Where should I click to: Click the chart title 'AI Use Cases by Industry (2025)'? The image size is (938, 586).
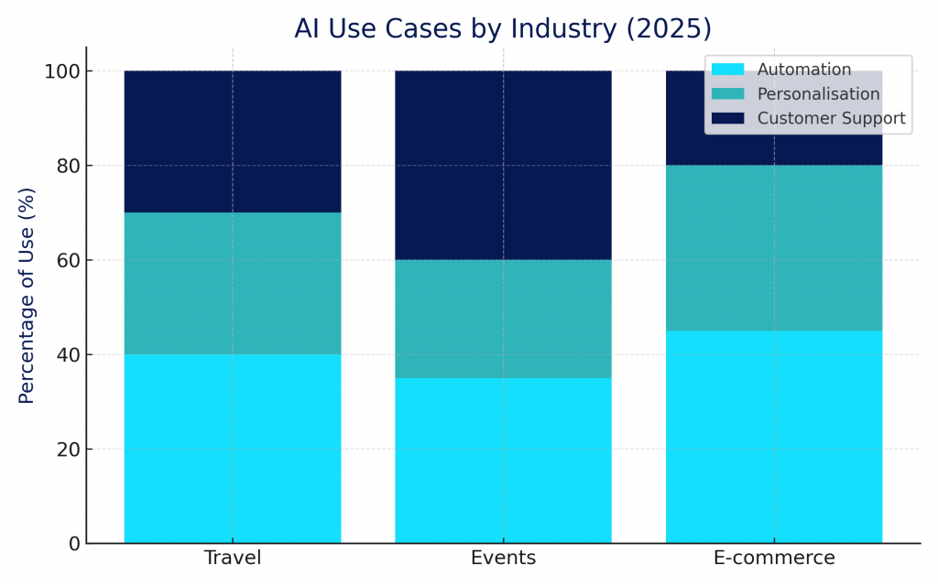[x=503, y=28]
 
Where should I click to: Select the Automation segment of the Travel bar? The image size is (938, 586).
[x=233, y=449]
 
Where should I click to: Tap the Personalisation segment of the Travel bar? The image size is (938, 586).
[x=233, y=283]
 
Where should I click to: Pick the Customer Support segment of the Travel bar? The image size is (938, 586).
[x=233, y=141]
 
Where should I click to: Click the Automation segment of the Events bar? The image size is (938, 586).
[x=503, y=461]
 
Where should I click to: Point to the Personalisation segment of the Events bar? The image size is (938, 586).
[x=503, y=319]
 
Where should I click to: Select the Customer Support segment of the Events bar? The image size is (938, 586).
[x=503, y=165]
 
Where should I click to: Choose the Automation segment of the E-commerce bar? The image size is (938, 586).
[x=774, y=437]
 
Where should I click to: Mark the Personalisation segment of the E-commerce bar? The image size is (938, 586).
[x=774, y=247]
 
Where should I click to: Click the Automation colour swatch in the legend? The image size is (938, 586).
[x=727, y=70]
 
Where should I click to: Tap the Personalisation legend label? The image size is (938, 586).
[x=818, y=94]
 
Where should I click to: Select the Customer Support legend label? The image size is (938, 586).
[x=831, y=118]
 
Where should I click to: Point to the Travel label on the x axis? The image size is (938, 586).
[x=233, y=558]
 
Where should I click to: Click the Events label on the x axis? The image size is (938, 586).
[x=503, y=558]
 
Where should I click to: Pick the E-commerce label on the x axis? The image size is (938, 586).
[x=774, y=558]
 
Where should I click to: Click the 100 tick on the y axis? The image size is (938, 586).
[x=62, y=71]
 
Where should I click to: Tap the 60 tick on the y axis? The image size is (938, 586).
[x=68, y=261]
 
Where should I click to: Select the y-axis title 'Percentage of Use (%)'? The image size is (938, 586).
[x=27, y=295]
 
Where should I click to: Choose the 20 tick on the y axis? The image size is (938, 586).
[x=68, y=450]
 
